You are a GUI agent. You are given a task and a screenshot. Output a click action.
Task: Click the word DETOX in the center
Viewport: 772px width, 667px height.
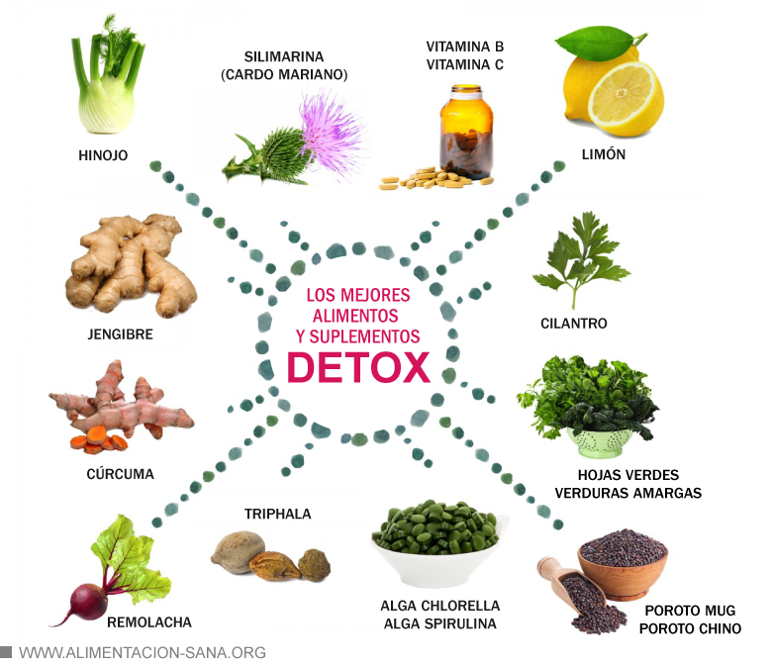(358, 367)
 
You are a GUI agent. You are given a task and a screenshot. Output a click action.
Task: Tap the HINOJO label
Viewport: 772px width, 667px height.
(103, 155)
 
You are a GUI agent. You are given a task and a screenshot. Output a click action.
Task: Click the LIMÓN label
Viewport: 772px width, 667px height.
(604, 155)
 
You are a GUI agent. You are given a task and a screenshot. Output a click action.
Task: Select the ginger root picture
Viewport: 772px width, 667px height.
(124, 267)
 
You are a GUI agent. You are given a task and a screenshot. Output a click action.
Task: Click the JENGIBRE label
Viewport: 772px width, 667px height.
(120, 334)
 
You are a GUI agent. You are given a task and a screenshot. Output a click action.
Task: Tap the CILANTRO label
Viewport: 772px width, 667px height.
(574, 324)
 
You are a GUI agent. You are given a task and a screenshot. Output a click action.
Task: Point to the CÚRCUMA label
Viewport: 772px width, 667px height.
(120, 474)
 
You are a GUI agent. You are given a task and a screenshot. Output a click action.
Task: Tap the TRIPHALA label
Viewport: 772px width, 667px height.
(278, 514)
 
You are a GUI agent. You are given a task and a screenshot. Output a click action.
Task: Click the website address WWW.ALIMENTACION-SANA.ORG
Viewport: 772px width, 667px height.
(143, 652)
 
